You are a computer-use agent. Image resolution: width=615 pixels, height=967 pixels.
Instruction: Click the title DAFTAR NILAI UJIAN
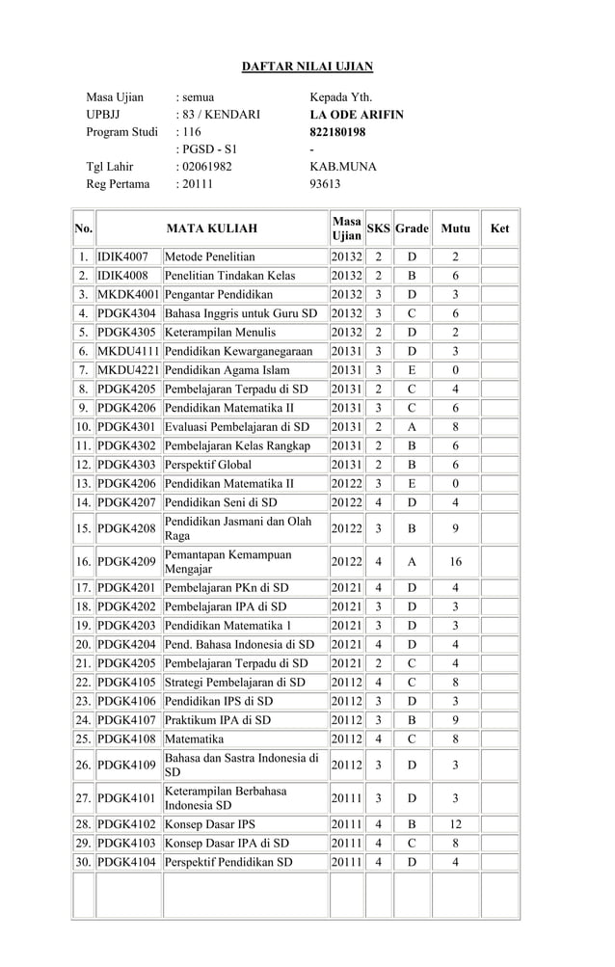(x=307, y=67)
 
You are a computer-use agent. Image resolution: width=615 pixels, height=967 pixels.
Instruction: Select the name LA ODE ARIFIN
(x=356, y=115)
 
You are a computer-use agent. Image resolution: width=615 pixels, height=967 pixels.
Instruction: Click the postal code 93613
(x=326, y=184)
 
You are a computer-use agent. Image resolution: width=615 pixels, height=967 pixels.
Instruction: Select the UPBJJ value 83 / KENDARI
(x=218, y=115)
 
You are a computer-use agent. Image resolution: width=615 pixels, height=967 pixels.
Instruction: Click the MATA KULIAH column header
(x=212, y=229)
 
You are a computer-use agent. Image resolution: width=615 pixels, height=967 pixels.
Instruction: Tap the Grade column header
(x=411, y=229)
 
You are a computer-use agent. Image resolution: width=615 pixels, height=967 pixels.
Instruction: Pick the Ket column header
(x=499, y=229)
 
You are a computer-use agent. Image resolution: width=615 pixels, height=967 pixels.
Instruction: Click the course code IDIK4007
(x=122, y=257)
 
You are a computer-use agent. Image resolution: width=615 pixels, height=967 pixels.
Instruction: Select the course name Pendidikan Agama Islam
(x=227, y=371)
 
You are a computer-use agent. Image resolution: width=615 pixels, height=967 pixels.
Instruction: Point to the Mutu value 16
(x=456, y=562)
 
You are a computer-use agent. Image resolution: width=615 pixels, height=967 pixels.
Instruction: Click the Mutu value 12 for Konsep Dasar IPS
(x=456, y=824)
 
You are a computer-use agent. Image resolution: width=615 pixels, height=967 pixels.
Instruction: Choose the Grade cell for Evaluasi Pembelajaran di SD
(x=411, y=427)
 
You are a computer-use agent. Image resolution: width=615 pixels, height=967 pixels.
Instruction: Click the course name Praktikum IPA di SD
(x=218, y=720)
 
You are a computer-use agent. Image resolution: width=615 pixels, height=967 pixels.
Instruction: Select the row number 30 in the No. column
(x=84, y=863)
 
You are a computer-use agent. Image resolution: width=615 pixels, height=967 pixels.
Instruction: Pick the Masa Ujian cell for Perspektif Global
(x=346, y=465)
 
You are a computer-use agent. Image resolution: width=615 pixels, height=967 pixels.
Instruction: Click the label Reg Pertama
(x=119, y=184)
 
